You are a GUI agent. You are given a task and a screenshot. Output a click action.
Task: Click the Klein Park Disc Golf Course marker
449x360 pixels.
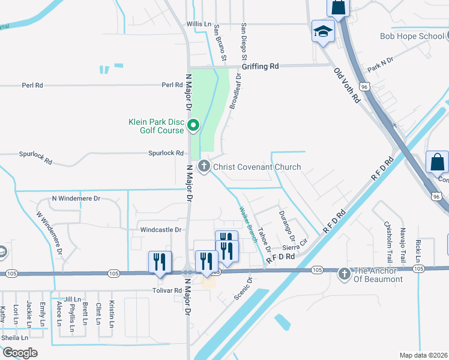(193, 125)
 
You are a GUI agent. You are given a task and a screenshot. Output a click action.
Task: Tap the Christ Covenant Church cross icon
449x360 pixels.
(204, 167)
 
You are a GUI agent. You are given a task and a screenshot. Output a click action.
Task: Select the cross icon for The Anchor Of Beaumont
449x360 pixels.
(345, 274)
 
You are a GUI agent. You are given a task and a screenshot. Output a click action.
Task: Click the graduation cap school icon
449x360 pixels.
(323, 31)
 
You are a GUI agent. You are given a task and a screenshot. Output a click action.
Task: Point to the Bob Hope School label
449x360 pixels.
(412, 36)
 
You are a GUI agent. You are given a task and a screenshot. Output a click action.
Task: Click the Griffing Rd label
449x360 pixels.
(265, 67)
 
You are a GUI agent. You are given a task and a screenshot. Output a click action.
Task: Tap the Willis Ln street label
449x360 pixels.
(199, 25)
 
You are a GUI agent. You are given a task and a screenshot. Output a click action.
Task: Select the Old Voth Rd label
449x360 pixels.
(347, 85)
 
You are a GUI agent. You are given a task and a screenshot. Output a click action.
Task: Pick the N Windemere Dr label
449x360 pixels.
(76, 198)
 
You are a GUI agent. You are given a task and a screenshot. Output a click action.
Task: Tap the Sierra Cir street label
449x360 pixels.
(295, 247)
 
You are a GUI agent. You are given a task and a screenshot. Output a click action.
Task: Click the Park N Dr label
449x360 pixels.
(380, 64)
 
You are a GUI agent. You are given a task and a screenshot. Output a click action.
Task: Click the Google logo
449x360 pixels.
(19, 353)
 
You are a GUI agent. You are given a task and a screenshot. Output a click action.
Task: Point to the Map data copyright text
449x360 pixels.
(424, 355)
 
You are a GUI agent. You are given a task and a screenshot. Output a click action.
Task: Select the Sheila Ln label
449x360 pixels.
(14, 337)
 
